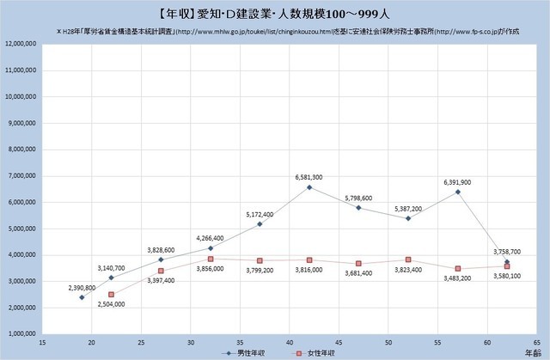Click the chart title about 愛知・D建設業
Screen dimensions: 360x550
(x=274, y=13)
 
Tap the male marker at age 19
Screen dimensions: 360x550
(x=82, y=297)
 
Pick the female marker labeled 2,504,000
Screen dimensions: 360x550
(x=112, y=294)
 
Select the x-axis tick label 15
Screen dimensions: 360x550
(x=42, y=340)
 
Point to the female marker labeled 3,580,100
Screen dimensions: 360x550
(x=507, y=266)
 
